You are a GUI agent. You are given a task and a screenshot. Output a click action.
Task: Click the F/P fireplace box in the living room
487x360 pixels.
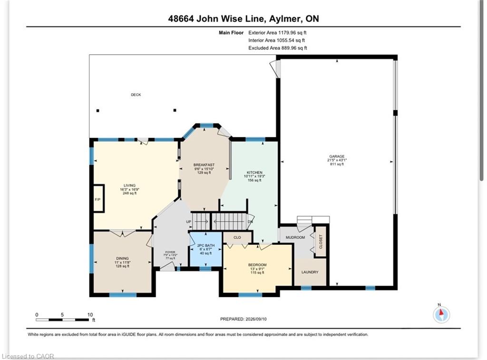click(98, 199)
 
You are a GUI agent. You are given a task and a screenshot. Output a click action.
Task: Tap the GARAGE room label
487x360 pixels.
click(337, 156)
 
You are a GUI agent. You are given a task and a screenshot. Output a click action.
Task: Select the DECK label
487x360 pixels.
click(136, 95)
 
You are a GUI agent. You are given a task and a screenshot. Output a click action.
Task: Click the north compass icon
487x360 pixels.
click(441, 315)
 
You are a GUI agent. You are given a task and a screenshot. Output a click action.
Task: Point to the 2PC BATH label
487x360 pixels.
click(206, 245)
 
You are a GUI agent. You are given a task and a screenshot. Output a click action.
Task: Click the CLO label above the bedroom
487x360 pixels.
click(237, 237)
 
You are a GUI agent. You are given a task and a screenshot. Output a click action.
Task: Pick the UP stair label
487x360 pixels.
click(188, 222)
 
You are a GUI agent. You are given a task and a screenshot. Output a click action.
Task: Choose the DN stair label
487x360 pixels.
click(250, 222)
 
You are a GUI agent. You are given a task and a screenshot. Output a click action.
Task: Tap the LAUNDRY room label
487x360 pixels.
click(310, 272)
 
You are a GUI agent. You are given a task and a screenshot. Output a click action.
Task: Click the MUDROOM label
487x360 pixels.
click(295, 237)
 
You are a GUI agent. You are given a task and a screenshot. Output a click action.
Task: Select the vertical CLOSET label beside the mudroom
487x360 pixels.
click(321, 242)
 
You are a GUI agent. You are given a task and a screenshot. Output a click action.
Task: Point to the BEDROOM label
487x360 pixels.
click(257, 265)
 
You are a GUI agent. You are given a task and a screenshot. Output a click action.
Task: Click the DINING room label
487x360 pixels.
click(122, 258)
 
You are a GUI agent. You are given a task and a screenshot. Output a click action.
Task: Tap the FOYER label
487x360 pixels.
click(170, 252)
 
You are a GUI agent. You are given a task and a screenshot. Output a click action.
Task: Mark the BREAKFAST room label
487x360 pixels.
click(204, 165)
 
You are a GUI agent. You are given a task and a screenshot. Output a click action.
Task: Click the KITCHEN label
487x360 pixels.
click(255, 172)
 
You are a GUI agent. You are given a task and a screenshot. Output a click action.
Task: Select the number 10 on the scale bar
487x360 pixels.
click(90, 315)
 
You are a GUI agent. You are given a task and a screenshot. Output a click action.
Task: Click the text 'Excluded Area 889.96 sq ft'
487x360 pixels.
click(278, 48)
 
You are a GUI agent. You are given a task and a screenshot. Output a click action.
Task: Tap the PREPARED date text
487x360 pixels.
click(243, 319)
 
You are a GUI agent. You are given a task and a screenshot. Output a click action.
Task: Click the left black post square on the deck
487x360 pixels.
click(98, 111)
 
